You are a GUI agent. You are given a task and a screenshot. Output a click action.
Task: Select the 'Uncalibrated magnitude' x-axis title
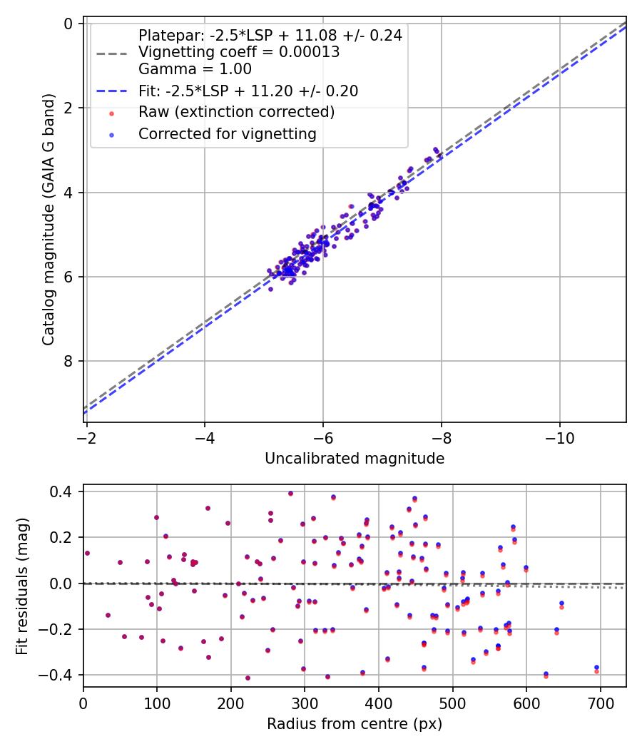pyautogui.click(x=355, y=459)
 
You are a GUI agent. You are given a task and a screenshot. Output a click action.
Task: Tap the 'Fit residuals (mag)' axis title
pyautogui.click(x=23, y=585)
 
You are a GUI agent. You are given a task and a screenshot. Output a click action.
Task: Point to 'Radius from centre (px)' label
pyautogui.click(x=355, y=724)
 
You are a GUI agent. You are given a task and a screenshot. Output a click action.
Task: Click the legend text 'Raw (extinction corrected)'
pyautogui.click(x=236, y=112)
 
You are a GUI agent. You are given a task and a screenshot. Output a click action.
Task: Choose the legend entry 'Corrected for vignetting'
pyautogui.click(x=227, y=133)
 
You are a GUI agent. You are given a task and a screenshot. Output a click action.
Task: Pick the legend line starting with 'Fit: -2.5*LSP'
pyautogui.click(x=248, y=91)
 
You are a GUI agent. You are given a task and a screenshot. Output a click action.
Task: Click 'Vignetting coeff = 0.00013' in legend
pyautogui.click(x=239, y=52)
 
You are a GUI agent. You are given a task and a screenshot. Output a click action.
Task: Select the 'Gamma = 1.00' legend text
pyautogui.click(x=195, y=69)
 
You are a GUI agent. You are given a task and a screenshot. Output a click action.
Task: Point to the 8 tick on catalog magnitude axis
pyautogui.click(x=68, y=361)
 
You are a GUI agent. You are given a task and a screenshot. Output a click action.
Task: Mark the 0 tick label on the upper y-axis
pyautogui.click(x=68, y=24)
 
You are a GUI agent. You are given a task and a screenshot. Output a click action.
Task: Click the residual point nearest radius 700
pyautogui.click(x=596, y=668)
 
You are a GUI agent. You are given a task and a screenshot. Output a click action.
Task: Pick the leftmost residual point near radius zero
pyautogui.click(x=87, y=553)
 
